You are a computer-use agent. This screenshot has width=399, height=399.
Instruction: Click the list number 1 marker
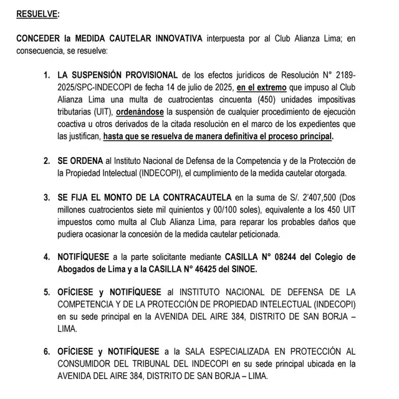pyautogui.click(x=47, y=75)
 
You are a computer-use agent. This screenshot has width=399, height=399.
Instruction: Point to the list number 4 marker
pyautogui.click(x=47, y=256)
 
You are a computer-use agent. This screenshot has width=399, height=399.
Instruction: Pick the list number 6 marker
pyautogui.click(x=47, y=352)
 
